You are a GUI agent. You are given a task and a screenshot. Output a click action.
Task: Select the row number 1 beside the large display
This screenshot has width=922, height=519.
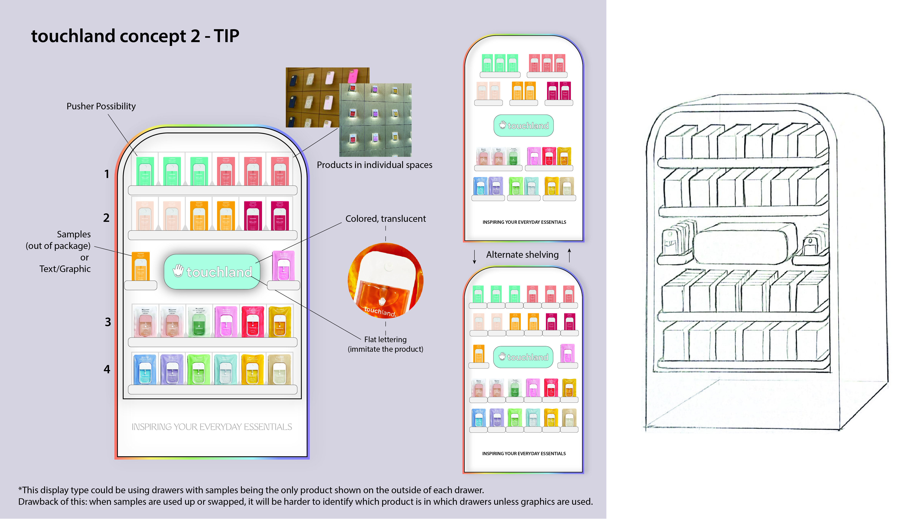[107, 174]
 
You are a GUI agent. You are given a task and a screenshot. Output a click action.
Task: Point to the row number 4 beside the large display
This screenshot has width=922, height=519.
[107, 369]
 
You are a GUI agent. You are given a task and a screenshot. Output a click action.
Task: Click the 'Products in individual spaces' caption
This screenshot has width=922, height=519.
[374, 165]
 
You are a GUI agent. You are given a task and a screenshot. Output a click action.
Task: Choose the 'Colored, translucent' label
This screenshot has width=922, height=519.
[386, 219]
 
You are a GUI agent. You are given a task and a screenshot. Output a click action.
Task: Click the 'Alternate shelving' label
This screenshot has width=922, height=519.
[522, 255]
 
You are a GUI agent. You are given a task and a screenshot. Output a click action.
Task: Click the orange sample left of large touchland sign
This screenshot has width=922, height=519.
[141, 266]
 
